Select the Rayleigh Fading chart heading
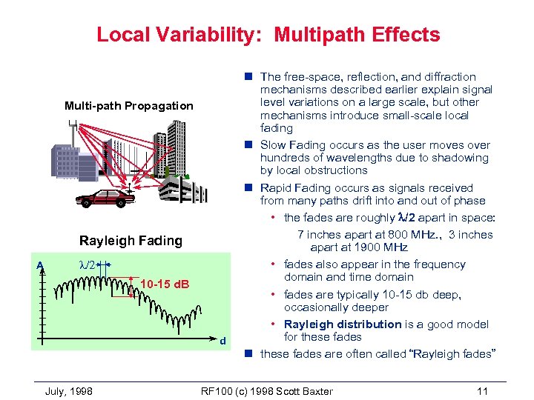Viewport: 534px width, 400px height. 131,240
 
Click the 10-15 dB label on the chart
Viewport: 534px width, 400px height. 165,284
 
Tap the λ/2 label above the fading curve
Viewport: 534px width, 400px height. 88,264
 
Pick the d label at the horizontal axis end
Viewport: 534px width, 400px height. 222,341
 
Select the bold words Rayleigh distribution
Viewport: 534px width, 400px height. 343,324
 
